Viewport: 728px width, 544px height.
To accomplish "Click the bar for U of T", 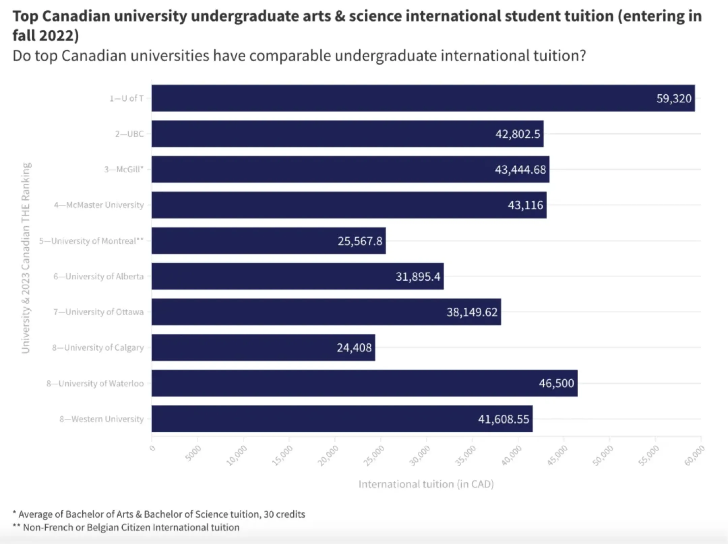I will click(x=423, y=98).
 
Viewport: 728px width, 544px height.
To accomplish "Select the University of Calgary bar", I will click(x=263, y=347).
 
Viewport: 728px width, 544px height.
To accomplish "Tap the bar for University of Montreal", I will click(x=268, y=241).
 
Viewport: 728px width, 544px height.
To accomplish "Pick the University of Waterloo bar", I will click(x=364, y=383).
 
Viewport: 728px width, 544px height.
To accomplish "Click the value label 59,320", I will click(x=674, y=98).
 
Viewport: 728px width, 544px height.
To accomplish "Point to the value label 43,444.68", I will click(x=520, y=169).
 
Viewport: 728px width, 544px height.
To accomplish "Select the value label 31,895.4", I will click(x=418, y=276).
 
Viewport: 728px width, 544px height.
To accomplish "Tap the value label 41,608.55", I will click(x=504, y=419).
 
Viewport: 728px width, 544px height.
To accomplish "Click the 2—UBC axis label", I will click(x=129, y=134).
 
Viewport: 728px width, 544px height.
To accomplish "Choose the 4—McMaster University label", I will click(x=99, y=205).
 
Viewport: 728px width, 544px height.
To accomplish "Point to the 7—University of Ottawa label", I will click(x=98, y=312).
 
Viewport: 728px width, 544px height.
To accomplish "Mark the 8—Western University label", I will click(x=101, y=419).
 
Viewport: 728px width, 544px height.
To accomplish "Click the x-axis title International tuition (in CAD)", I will click(x=426, y=484).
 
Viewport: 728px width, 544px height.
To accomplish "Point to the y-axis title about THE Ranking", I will click(x=26, y=258).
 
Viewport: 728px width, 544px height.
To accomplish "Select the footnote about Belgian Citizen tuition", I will click(x=126, y=527).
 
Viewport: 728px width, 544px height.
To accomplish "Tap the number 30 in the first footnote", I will click(x=269, y=514).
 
